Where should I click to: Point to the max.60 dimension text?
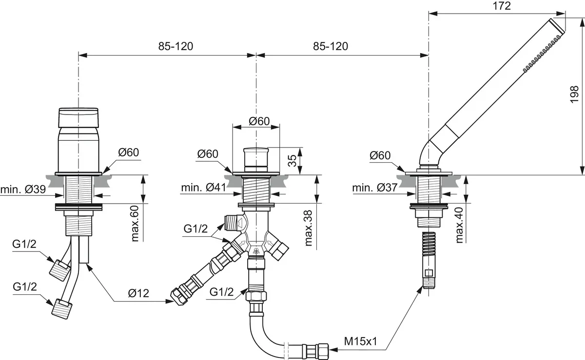coord(135,224)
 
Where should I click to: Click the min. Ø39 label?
coord(23,189)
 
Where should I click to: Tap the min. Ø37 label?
coord(375,188)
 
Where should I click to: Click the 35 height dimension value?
coord(292,161)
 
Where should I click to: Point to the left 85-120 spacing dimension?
coord(175,46)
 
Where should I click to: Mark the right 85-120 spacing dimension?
coord(331,46)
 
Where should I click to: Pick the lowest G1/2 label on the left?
coord(25,286)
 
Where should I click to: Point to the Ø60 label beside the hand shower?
coord(380,156)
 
